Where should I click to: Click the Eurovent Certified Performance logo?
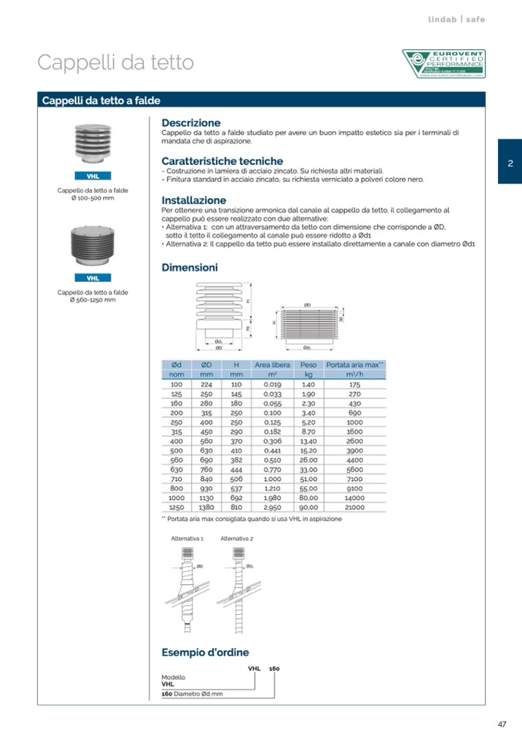(443, 64)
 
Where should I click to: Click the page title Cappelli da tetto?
(115, 62)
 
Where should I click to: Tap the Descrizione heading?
(191, 123)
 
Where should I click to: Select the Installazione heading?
(194, 200)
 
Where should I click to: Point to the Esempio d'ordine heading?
(205, 653)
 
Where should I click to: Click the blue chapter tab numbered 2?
(510, 162)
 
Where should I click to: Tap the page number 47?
(501, 724)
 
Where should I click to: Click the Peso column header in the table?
(308, 364)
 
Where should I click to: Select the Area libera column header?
(272, 364)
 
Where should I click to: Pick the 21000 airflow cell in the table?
(354, 508)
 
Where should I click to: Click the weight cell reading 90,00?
(308, 508)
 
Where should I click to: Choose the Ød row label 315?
(176, 432)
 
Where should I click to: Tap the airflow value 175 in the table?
(354, 384)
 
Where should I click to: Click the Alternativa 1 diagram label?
(187, 539)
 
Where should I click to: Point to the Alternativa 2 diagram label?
(236, 539)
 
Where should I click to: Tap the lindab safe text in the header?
(456, 19)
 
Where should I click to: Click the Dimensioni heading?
(189, 268)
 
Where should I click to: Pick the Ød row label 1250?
(176, 508)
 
